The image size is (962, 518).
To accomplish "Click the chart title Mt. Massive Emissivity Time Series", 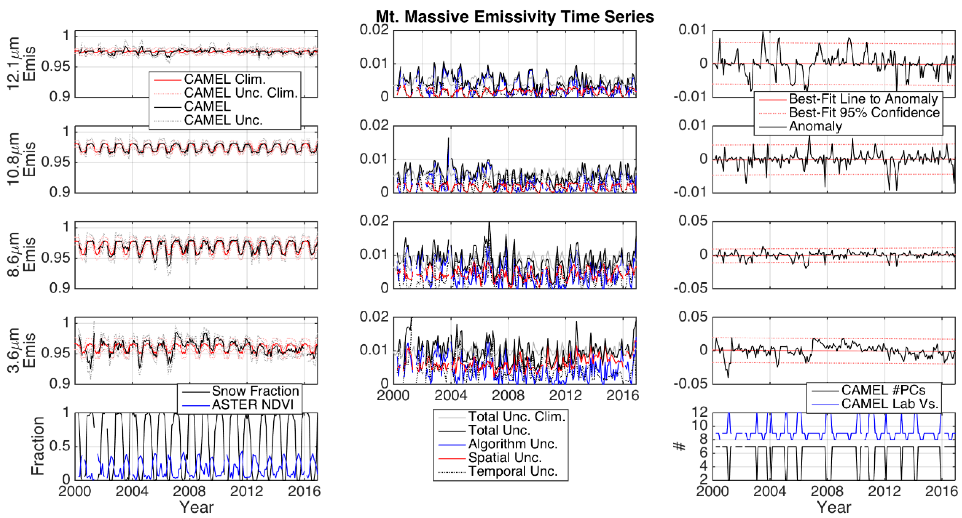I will [x=515, y=17].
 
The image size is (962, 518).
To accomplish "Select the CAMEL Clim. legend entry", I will [x=224, y=79].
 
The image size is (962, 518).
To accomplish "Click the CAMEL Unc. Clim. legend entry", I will [x=241, y=93].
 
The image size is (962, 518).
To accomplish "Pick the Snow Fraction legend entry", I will [x=255, y=391].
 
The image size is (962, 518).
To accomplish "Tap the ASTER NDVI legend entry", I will [x=253, y=405].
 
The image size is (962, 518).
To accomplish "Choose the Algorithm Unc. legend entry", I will [x=512, y=444].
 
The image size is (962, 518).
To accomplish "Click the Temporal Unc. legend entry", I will [x=512, y=471].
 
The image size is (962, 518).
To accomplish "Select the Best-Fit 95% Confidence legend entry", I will [x=864, y=112].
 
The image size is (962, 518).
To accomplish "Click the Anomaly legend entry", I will [x=815, y=126].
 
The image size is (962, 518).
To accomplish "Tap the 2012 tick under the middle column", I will [x=565, y=395].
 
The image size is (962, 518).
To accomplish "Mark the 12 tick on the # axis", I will [x=700, y=412].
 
